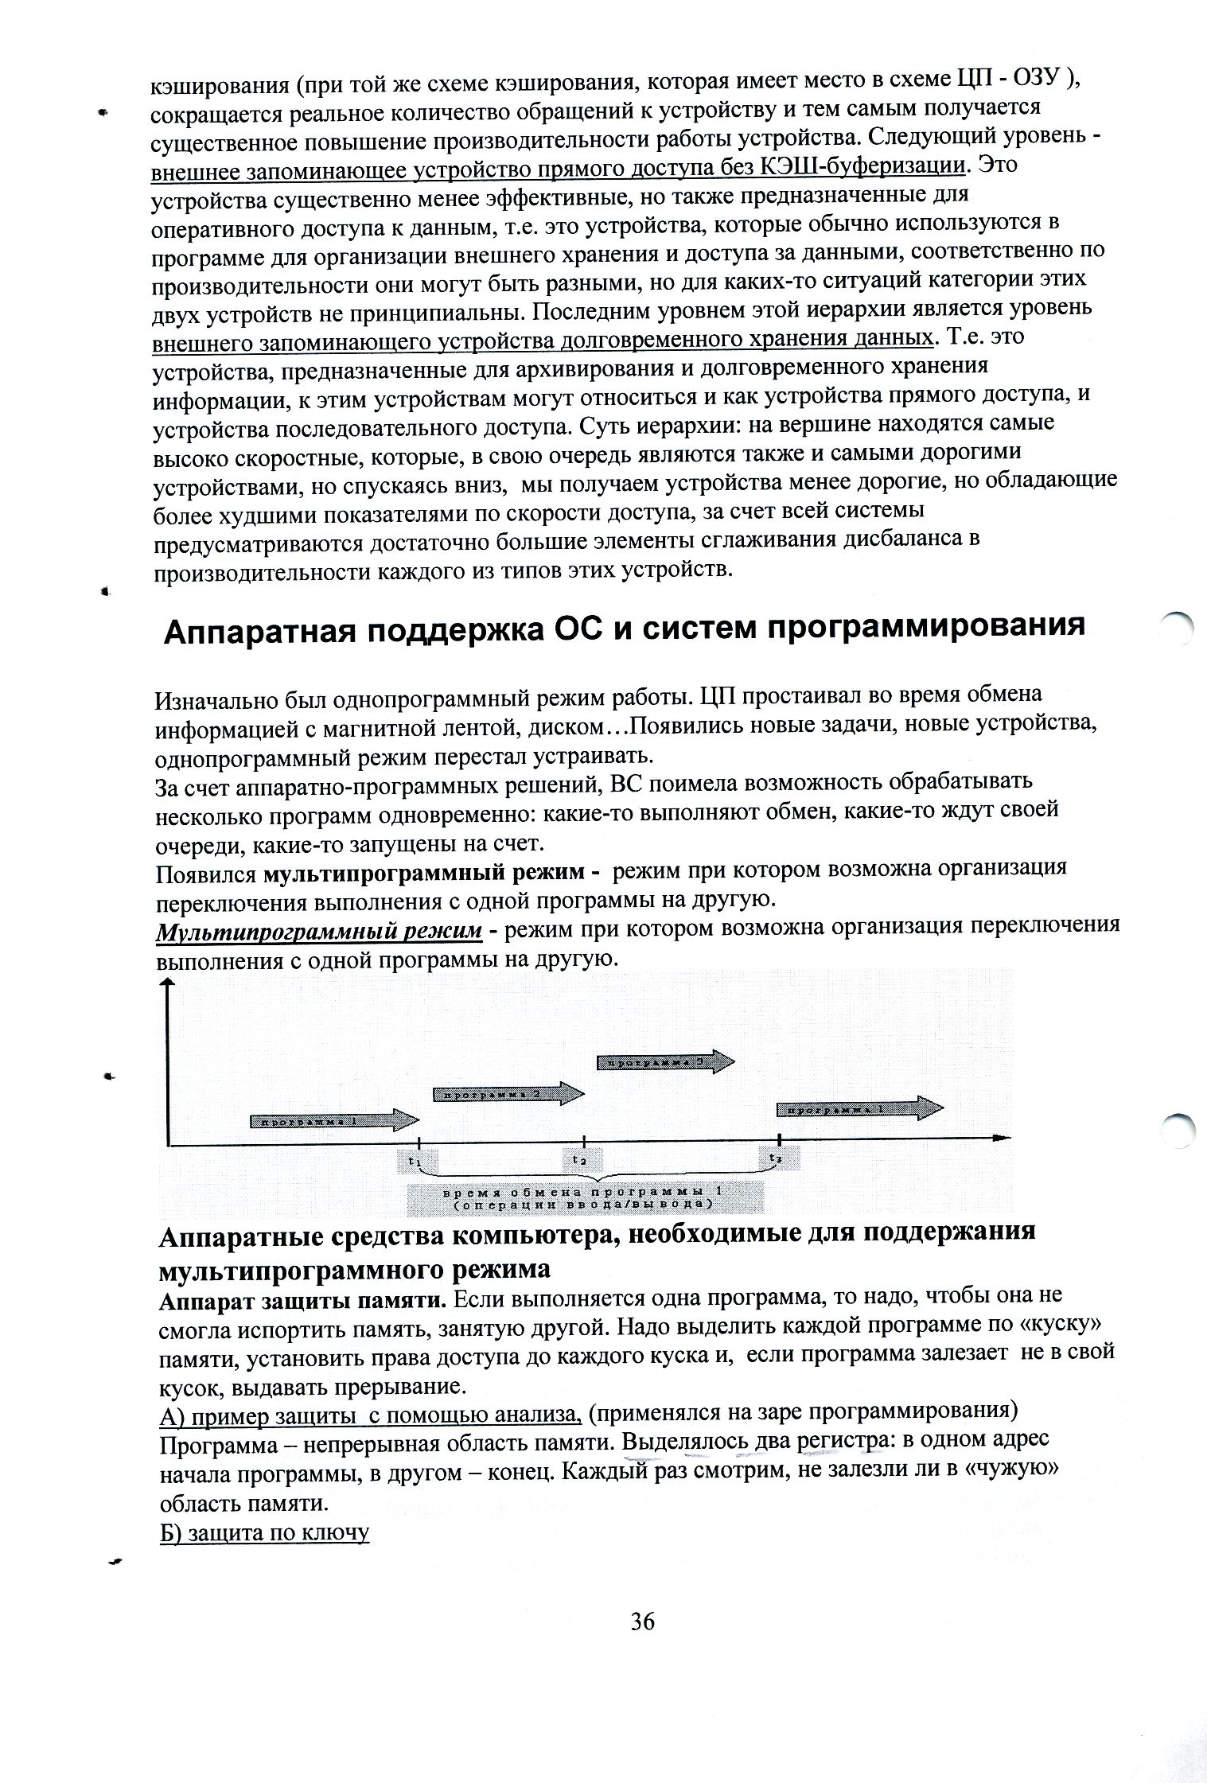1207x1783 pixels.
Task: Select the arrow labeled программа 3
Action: tap(666, 1061)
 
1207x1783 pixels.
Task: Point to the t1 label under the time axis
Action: tap(415, 1161)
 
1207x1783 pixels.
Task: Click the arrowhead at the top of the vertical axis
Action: tap(167, 984)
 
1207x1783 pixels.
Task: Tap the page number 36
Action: tap(642, 1621)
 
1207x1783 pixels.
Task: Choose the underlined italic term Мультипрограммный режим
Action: tap(318, 931)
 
